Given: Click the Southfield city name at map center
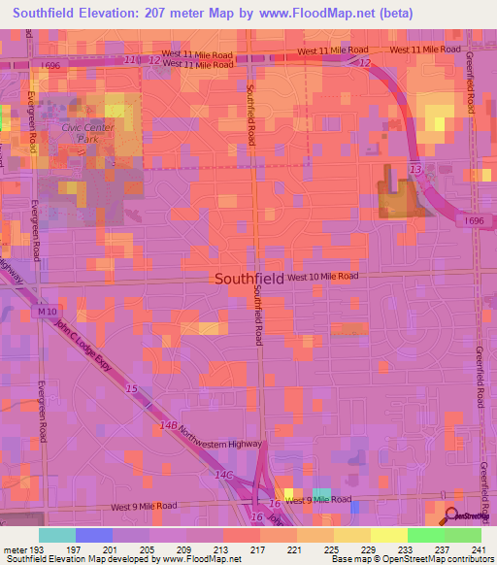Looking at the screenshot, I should pos(248,278).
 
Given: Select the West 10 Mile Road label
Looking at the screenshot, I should pos(323,277).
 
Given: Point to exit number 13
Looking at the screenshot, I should pos(414,169).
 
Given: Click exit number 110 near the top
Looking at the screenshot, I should pos(131,59).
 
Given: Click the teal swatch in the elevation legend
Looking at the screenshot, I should pos(57,535).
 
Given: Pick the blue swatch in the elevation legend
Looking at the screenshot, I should pos(94,535).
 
